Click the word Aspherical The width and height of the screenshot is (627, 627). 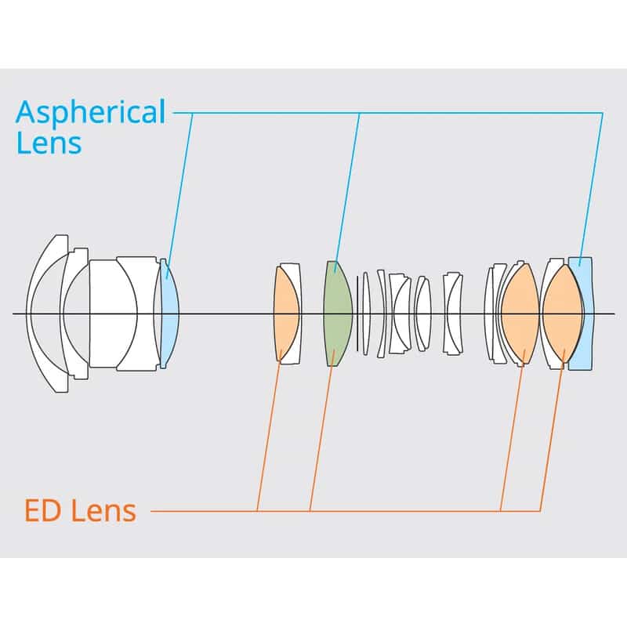pos(90,113)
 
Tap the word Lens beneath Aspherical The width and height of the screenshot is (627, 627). pos(49,143)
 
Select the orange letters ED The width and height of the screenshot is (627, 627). pos(43,511)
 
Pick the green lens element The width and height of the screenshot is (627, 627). pos(338,313)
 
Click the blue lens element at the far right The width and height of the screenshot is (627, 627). pos(582,313)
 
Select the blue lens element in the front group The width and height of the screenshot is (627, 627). pos(169,313)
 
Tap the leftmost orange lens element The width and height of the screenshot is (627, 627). pos(285,313)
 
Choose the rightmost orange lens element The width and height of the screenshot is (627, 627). pos(562,313)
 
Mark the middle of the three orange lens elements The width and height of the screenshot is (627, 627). pos(520,313)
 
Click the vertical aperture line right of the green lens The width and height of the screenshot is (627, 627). pos(357,313)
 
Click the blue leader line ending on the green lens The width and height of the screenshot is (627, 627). pos(347,193)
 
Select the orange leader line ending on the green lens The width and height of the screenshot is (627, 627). pos(321,430)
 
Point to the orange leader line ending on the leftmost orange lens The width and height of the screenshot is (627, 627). pos(269,430)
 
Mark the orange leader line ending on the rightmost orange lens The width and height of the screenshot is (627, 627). pos(553,430)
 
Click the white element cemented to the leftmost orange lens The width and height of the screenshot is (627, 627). pos(295,313)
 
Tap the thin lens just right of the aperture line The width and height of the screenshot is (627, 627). pos(366,313)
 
